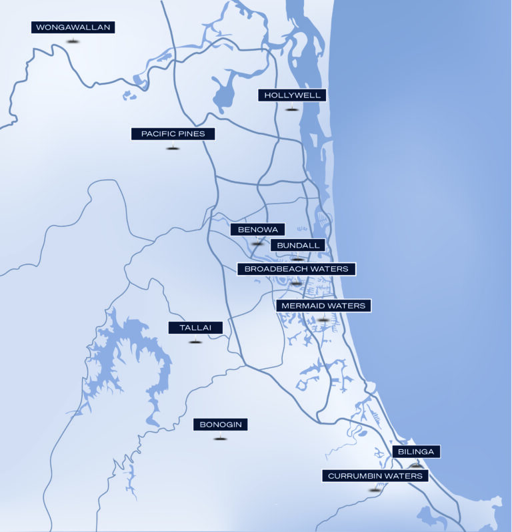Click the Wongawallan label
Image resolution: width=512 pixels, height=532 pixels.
(73, 27)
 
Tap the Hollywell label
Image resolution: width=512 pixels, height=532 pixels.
(292, 95)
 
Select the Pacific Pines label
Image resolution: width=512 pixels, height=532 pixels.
(173, 134)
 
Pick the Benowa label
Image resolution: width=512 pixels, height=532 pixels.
(257, 230)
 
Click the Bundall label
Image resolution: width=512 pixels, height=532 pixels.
(298, 245)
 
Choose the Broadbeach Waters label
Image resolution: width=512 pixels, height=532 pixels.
(297, 269)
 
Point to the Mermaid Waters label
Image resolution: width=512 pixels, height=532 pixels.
(323, 306)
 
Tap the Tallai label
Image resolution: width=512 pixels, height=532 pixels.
(195, 328)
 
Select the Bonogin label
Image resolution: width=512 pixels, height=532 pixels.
(220, 425)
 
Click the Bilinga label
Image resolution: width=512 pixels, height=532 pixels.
(416, 452)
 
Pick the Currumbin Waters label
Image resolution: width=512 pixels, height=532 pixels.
(375, 476)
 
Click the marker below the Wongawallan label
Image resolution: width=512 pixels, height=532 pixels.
(73, 41)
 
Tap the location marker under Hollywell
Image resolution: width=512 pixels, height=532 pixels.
(291, 109)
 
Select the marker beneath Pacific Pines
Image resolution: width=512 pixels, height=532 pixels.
(173, 148)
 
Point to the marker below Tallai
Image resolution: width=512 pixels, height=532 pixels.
(195, 342)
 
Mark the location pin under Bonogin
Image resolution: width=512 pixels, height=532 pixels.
(220, 439)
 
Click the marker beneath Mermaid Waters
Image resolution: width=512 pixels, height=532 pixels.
(323, 320)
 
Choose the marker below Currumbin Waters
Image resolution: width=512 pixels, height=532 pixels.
(375, 490)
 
